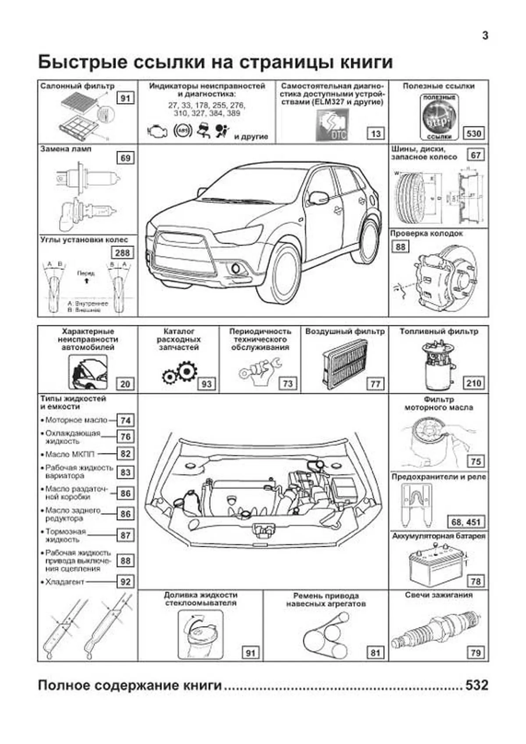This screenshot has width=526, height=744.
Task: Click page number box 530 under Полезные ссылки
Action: pyautogui.click(x=474, y=133)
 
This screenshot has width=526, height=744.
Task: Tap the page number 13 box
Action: pyautogui.click(x=376, y=133)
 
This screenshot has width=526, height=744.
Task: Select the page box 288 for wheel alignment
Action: pyautogui.click(x=122, y=253)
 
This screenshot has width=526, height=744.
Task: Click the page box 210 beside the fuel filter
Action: pyautogui.click(x=474, y=383)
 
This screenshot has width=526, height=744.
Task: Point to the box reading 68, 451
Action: pyautogui.click(x=466, y=522)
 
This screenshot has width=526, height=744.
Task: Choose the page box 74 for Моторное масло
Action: pyautogui.click(x=126, y=420)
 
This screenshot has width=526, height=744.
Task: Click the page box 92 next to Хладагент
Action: pyautogui.click(x=126, y=582)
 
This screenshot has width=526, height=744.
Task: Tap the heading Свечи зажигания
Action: pyautogui.click(x=438, y=595)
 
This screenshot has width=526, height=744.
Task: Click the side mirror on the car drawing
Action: pyautogui.click(x=318, y=198)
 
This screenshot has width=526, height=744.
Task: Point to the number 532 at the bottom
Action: pyautogui.click(x=476, y=685)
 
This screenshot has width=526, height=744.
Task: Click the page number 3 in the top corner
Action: pyautogui.click(x=485, y=36)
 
